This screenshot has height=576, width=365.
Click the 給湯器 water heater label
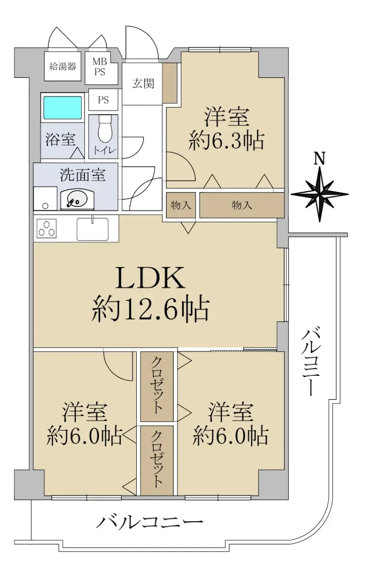pos(63,67)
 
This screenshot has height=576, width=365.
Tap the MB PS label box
pos(102,68)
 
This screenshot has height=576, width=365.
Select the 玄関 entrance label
pos(143,84)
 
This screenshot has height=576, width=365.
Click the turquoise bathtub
pos(63,108)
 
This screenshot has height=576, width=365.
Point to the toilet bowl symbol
pos(105,129)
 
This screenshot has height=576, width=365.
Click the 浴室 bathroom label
pos(60,140)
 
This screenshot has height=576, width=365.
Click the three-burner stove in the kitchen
pos(47,228)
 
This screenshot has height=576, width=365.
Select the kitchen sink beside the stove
pos(93,229)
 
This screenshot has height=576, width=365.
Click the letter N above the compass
pos(320,158)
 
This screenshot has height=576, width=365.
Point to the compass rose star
pos(320,194)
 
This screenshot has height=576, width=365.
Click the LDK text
pos(151,279)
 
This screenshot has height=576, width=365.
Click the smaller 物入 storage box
pos(181,205)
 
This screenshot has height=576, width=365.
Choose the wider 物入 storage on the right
pos(242,205)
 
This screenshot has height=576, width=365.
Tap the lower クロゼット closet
pos(157,460)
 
